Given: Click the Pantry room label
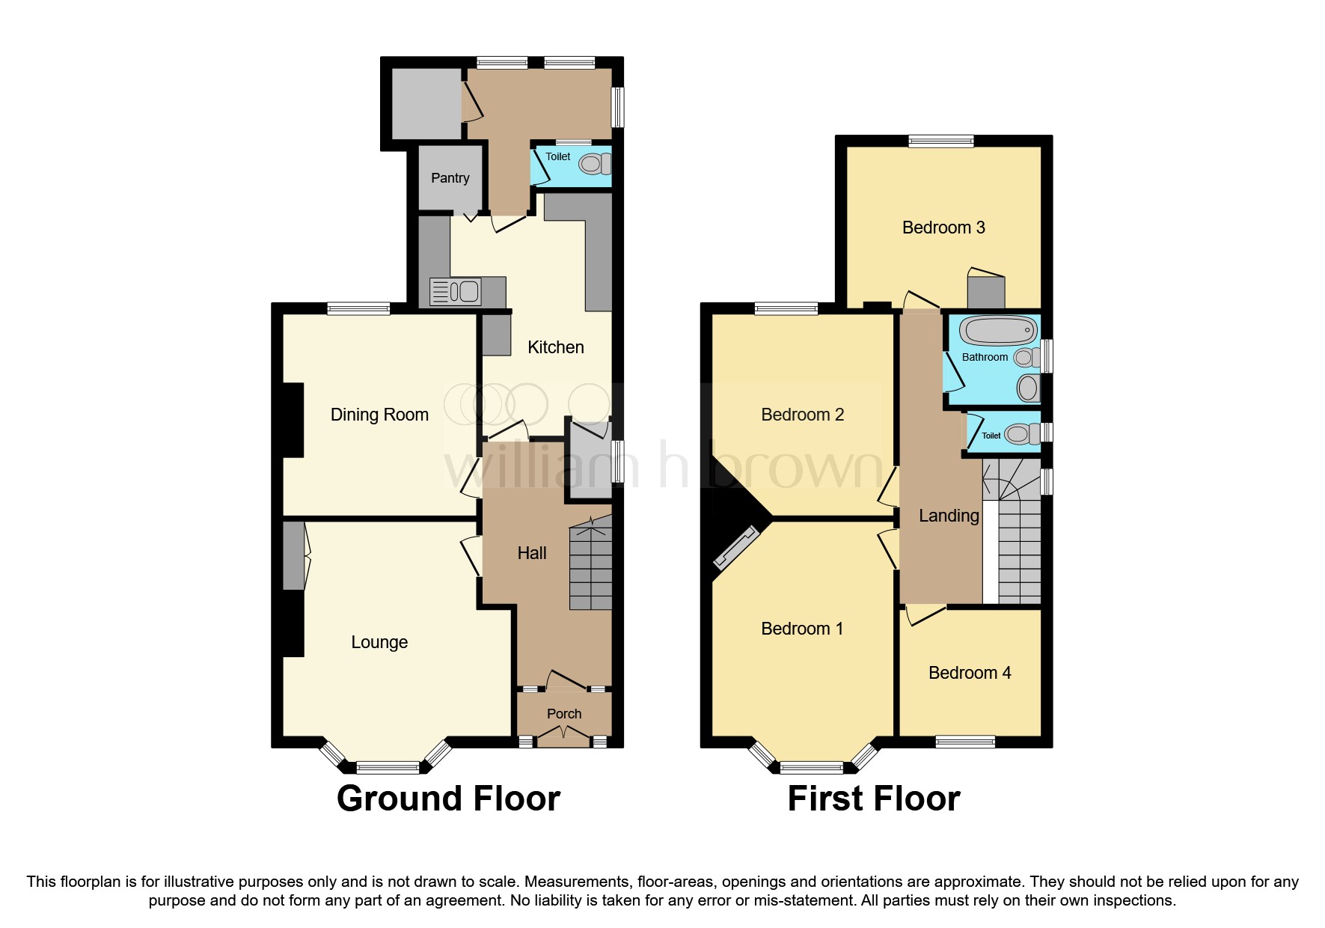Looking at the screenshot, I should click(x=450, y=178).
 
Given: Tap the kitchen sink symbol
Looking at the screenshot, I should click(x=456, y=291).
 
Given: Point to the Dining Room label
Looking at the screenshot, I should click(x=379, y=415).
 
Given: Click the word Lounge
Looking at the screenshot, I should click(x=379, y=642).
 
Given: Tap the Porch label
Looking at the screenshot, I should click(x=564, y=714).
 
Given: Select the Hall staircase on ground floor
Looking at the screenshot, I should click(x=591, y=567).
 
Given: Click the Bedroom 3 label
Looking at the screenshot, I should click(x=943, y=228).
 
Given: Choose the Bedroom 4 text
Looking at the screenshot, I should click(x=970, y=673).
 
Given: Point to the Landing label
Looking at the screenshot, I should click(x=949, y=516).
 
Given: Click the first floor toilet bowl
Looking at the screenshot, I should click(x=1018, y=433).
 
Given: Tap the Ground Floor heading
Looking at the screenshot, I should click(x=448, y=799).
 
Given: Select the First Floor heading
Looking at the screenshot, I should click(x=873, y=799).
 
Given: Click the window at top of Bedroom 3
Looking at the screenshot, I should click(x=941, y=140).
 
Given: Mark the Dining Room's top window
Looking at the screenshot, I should click(x=358, y=307).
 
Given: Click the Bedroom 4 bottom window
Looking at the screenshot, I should click(x=965, y=742).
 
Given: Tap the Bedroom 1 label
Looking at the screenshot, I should click(x=802, y=629).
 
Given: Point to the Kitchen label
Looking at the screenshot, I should click(x=555, y=347).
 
